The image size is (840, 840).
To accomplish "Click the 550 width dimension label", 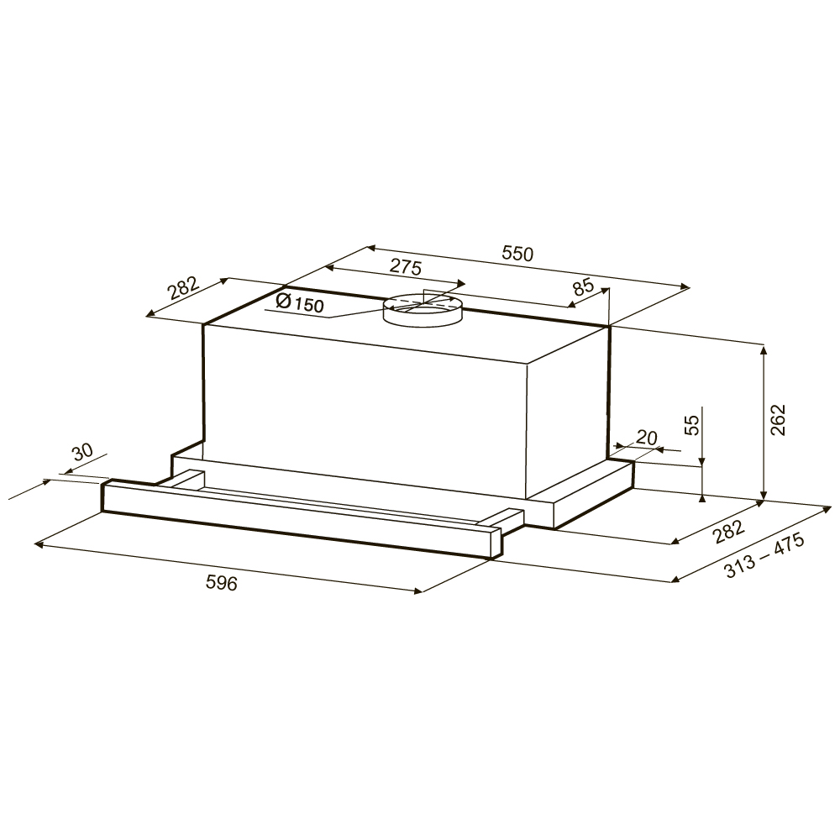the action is coord(518,254).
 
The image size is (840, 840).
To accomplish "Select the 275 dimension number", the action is coord(406,266).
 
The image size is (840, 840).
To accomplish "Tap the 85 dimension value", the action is coord(584,287).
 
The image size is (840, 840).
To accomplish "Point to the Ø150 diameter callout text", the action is coord(300,302).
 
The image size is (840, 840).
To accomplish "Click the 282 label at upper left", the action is coord(183,289).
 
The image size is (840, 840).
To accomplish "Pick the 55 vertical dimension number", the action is coord(693,425).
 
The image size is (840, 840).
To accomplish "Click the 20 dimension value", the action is coord(646,438).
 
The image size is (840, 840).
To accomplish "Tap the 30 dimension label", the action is coord(82,453).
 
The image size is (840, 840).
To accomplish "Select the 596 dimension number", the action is coord(221,583).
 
